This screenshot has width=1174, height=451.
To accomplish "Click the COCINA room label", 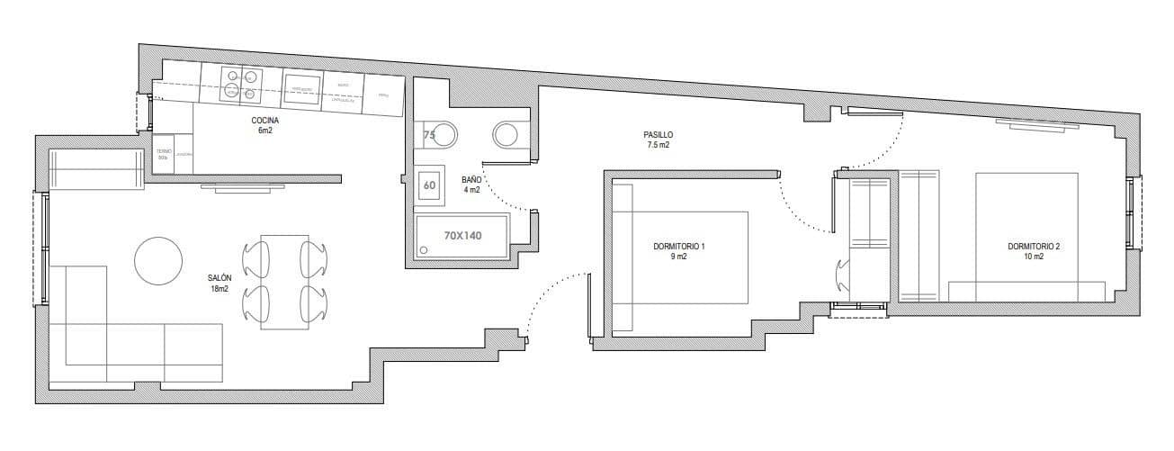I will click(264, 120).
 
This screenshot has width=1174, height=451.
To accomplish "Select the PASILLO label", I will click(658, 134).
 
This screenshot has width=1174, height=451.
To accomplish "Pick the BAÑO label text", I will click(471, 179).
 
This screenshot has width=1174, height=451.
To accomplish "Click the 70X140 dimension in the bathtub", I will click(463, 236).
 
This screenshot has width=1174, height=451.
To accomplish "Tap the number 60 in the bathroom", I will click(430, 186).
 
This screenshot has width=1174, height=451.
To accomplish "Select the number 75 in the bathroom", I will click(429, 136).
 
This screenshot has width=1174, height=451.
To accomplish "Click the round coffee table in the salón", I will click(158, 260).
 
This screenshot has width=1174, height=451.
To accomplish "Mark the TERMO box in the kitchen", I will click(164, 155).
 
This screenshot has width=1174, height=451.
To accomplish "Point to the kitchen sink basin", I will click(301, 86).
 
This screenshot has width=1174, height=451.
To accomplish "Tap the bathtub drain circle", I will click(425, 248).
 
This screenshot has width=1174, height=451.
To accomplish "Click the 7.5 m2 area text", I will click(658, 145).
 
